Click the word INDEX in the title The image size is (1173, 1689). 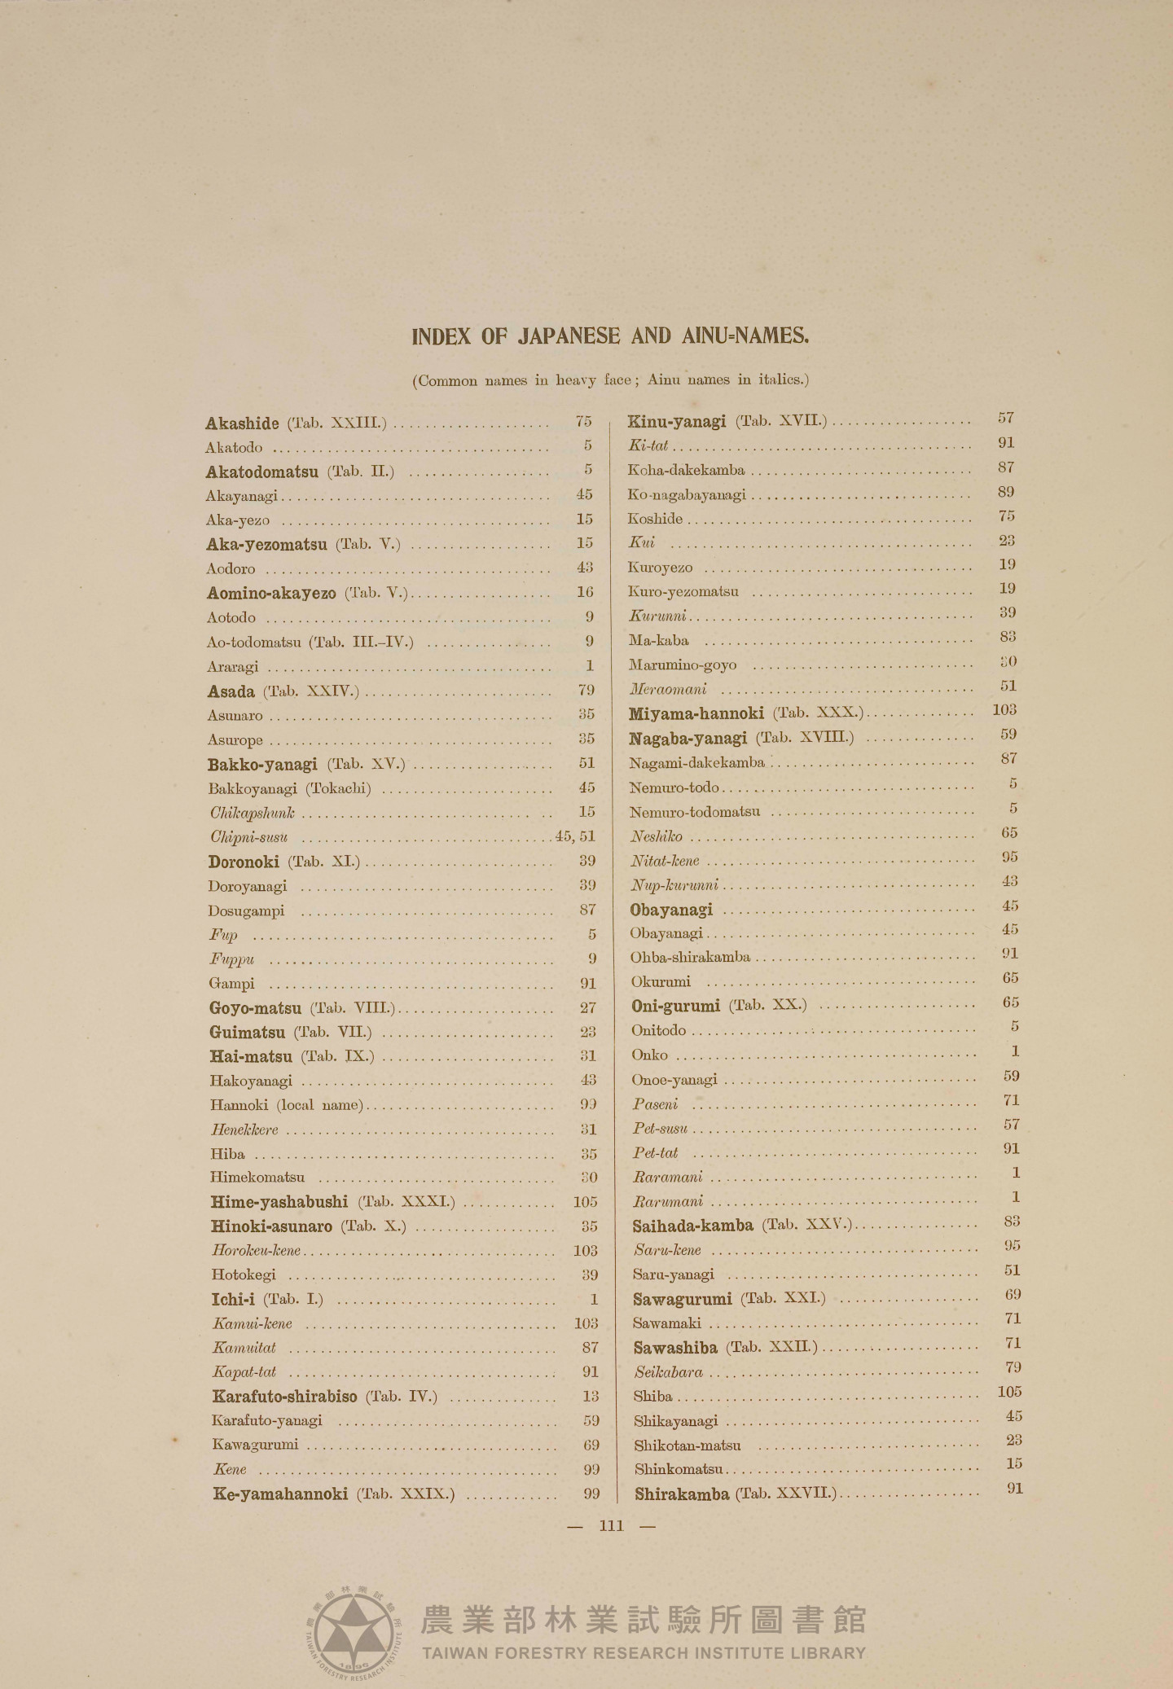click(441, 336)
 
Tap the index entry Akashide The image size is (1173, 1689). click(242, 423)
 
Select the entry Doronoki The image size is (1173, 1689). click(243, 862)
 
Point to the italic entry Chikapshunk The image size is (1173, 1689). click(252, 813)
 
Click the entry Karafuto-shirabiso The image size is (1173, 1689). click(284, 1397)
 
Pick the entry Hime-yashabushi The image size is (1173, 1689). click(279, 1202)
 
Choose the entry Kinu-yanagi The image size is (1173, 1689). click(676, 422)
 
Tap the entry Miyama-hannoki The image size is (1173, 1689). click(696, 714)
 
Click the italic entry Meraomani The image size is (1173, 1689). click(668, 690)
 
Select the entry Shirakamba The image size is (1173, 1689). click(682, 1494)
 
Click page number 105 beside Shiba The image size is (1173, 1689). click(1009, 1392)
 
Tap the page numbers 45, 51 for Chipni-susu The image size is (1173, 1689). click(575, 836)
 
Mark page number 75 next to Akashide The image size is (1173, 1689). click(583, 421)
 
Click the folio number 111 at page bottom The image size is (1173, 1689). click(611, 1525)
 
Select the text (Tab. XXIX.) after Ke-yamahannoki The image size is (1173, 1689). click(405, 1494)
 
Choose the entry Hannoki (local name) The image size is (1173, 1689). click(286, 1105)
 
